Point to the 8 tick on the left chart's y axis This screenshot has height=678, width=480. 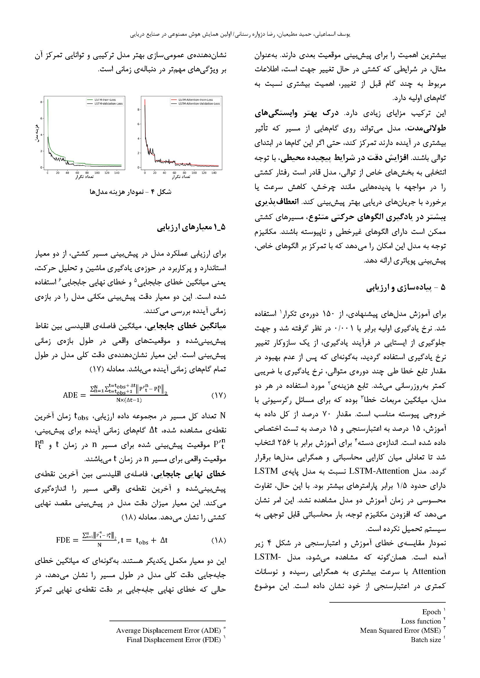point(41,102)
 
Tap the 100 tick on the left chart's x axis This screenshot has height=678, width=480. point(97,173)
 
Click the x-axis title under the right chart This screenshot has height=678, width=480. point(181,177)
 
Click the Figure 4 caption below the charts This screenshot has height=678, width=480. point(130,192)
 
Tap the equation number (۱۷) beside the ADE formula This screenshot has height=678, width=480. point(219,395)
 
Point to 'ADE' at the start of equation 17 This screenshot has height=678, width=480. point(70,395)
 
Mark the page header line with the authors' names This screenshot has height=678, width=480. point(240,34)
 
